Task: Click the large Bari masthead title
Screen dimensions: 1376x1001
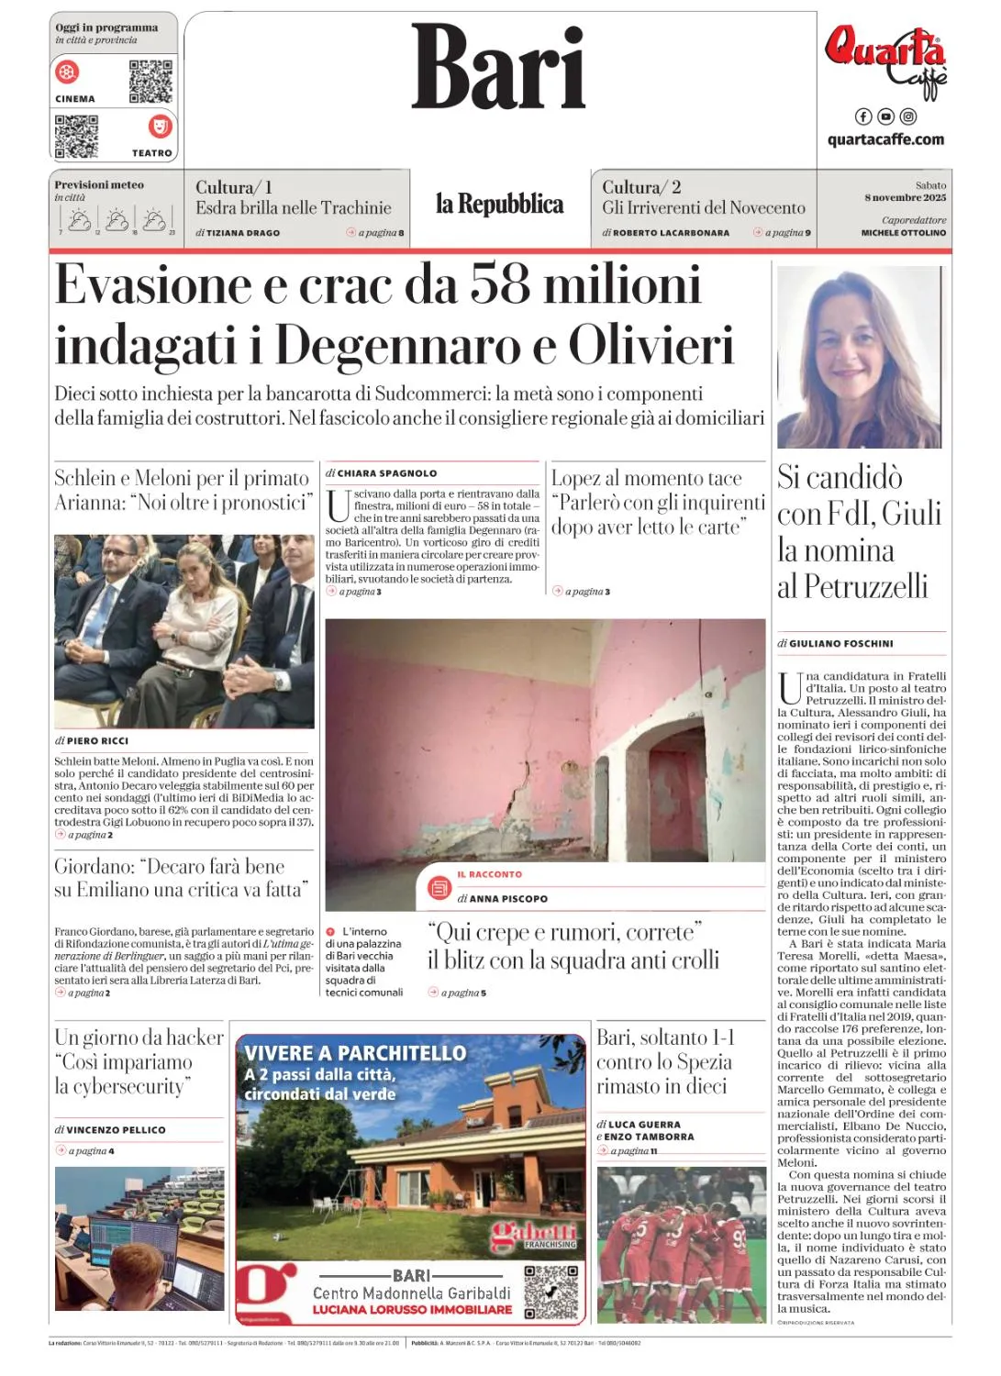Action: (498, 66)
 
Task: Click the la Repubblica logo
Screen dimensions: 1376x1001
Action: (499, 205)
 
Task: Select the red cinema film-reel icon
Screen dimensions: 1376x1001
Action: (68, 71)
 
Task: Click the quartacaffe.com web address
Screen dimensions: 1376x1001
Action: (885, 139)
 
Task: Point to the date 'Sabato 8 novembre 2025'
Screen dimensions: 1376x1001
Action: (905, 192)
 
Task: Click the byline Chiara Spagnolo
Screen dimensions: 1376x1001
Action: (386, 473)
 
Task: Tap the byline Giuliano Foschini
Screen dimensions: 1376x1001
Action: (840, 643)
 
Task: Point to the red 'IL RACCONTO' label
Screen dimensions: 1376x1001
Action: (489, 874)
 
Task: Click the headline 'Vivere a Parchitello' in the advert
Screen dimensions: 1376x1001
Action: (355, 1052)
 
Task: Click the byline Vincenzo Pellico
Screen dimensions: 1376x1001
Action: (116, 1130)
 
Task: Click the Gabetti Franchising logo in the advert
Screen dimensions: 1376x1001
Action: (535, 1235)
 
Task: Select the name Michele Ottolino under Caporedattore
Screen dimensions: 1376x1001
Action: (903, 233)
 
